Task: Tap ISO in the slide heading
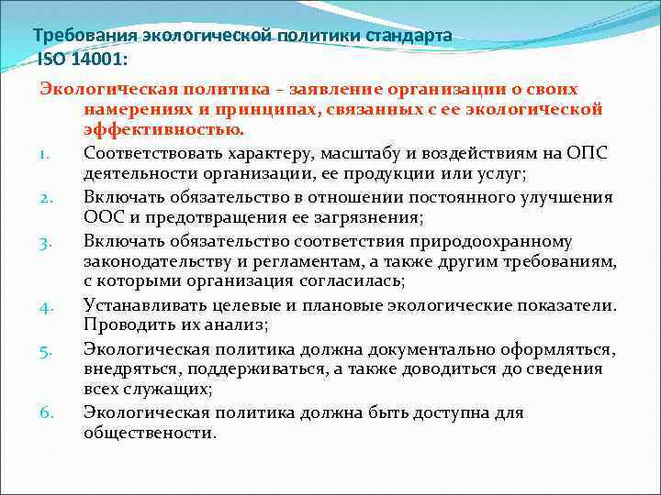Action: coord(52,59)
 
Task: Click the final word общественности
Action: coord(150,433)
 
